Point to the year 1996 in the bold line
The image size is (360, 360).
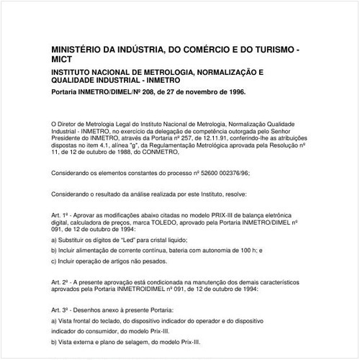[235, 92]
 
